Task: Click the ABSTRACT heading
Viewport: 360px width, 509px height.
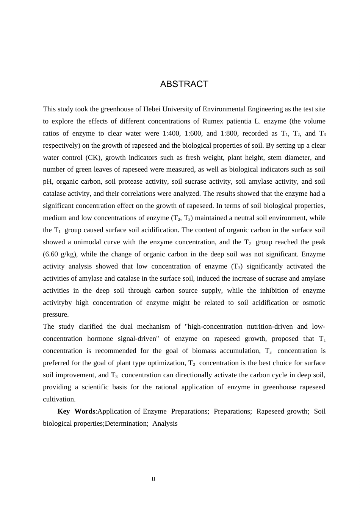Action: tap(184, 84)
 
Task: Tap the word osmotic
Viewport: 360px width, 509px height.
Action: tap(314, 303)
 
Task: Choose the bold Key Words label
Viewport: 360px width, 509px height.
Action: tap(76, 411)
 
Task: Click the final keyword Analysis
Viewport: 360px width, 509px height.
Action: tap(165, 423)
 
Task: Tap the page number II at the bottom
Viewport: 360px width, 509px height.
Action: tap(153, 479)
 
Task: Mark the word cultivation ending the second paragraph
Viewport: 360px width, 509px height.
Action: tap(59, 399)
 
